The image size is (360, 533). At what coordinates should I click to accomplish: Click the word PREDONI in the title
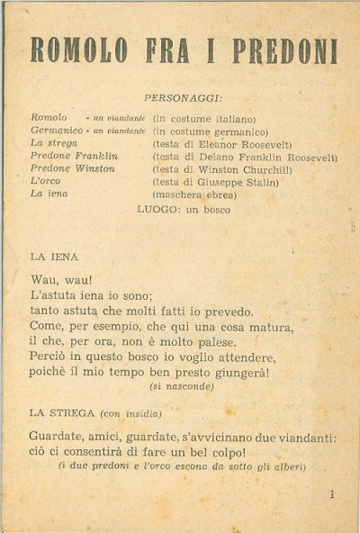pos(285,50)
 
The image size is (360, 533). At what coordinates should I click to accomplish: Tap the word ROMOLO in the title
pos(78,50)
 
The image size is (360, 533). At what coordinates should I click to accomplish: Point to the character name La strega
pos(54,143)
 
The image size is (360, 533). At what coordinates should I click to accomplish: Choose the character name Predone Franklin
pos(74,156)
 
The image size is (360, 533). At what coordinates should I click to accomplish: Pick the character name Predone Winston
pos(72,168)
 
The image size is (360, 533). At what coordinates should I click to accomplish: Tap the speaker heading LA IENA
pos(53,257)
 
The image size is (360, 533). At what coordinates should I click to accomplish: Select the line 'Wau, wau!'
pos(61,280)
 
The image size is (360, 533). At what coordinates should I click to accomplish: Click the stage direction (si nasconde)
pos(182,386)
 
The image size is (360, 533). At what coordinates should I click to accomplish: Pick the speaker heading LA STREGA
pos(62,413)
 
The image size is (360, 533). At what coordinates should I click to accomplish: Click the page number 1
pos(331,493)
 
